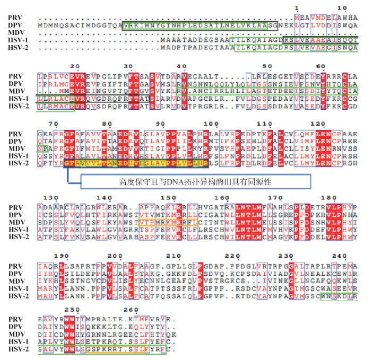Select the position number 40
click(x=181, y=66)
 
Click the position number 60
click(x=321, y=66)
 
